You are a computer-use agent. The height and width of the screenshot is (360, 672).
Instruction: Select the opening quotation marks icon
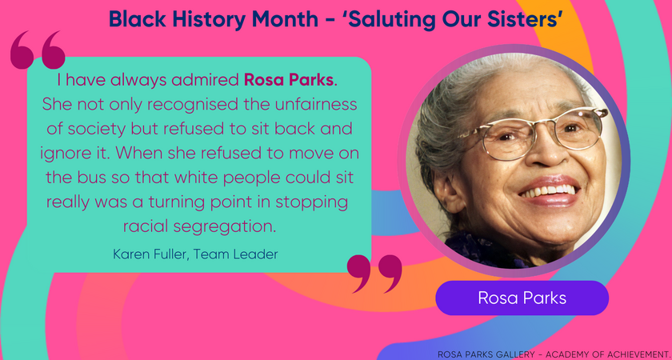38,51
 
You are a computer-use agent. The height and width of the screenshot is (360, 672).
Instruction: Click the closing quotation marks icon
375,274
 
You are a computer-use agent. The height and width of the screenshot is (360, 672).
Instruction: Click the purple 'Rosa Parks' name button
522,298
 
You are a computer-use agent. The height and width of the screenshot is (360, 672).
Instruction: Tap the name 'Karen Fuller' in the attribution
147,254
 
